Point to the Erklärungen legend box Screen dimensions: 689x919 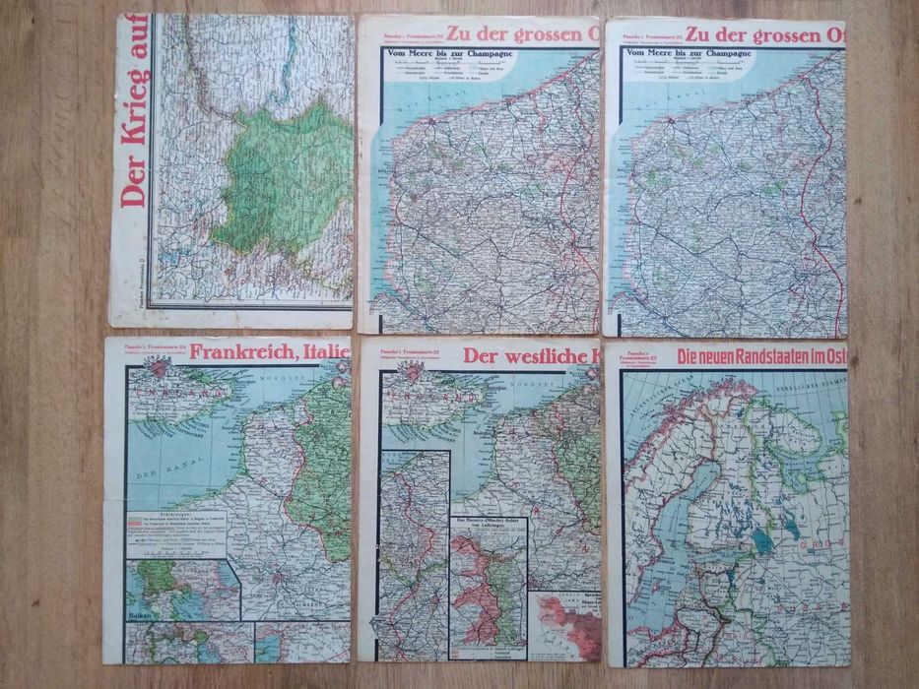point(177,532)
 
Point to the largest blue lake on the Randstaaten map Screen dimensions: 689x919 point(761,540)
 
